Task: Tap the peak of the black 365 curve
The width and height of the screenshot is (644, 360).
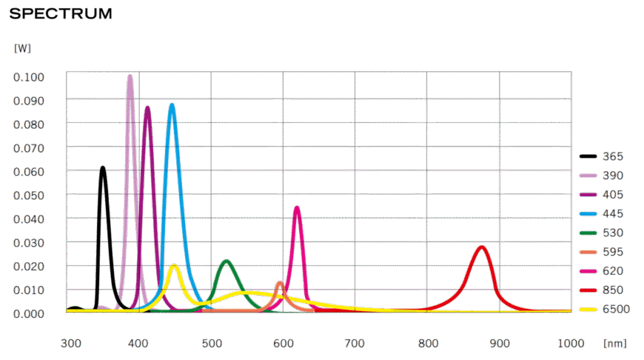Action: (x=103, y=167)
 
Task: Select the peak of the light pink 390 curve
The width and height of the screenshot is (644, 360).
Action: (x=130, y=76)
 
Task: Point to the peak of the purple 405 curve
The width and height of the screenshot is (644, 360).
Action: (x=148, y=108)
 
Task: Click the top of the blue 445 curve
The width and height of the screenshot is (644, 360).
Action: (x=172, y=105)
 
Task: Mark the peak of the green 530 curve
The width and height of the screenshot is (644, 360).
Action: (x=226, y=261)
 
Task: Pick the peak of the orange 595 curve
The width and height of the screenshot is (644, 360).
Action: (x=279, y=283)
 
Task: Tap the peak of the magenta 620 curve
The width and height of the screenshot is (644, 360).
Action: (x=297, y=208)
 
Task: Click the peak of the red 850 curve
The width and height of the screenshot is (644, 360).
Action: (x=482, y=247)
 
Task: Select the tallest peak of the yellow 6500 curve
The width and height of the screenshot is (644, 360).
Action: (x=174, y=266)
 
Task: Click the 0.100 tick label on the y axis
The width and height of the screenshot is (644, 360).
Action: (x=28, y=77)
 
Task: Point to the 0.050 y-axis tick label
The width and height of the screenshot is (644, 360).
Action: (x=28, y=196)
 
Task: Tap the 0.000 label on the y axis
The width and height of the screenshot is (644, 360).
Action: (x=28, y=313)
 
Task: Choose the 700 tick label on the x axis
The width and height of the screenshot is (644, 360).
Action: (x=355, y=344)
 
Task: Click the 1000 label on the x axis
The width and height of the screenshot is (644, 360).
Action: (x=571, y=344)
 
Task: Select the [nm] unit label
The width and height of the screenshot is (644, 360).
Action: (x=614, y=344)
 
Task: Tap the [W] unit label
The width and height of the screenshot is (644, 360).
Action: (x=22, y=48)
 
